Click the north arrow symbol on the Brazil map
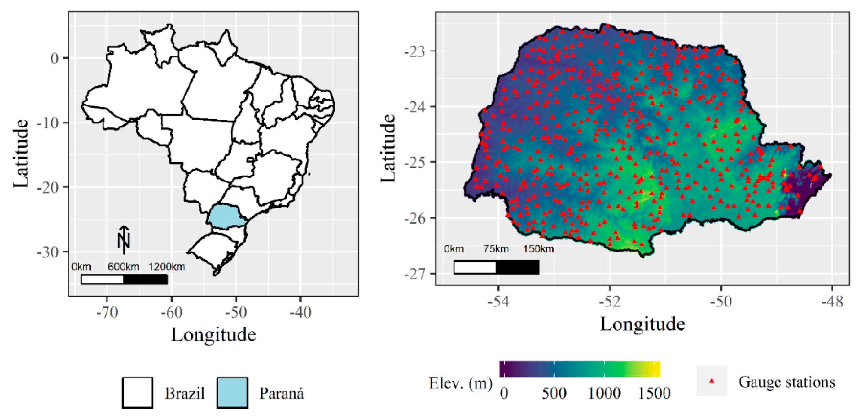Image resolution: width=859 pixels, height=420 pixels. pyautogui.click(x=124, y=239)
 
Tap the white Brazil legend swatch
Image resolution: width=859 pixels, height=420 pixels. pyautogui.click(x=138, y=393)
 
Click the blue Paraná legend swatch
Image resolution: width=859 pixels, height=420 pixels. pyautogui.click(x=232, y=393)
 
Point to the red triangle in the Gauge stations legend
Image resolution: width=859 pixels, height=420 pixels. pyautogui.click(x=712, y=381)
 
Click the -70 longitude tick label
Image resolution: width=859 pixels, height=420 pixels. pyautogui.click(x=107, y=312)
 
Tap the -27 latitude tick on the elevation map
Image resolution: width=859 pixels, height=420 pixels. pyautogui.click(x=415, y=274)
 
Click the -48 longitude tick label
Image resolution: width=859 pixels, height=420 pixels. pyautogui.click(x=832, y=302)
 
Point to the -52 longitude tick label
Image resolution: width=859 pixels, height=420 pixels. pyautogui.click(x=610, y=302)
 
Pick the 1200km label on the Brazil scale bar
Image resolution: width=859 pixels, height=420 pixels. pyautogui.click(x=166, y=267)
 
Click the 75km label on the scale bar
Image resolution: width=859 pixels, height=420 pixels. pyautogui.click(x=496, y=249)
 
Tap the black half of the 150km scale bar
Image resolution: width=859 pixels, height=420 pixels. pyautogui.click(x=517, y=267)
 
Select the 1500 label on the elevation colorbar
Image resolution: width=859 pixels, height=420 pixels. pyautogui.click(x=654, y=393)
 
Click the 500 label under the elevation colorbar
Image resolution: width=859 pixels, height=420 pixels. pyautogui.click(x=554, y=393)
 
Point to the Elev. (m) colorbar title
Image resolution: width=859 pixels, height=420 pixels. pyautogui.click(x=460, y=383)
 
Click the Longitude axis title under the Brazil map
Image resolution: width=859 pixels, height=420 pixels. pyautogui.click(x=213, y=334)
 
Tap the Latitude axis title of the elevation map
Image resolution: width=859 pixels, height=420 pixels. pyautogui.click(x=388, y=148)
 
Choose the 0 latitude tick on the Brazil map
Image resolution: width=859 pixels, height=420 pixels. pyautogui.click(x=54, y=58)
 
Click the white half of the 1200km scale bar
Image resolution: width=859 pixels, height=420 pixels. pyautogui.click(x=102, y=279)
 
